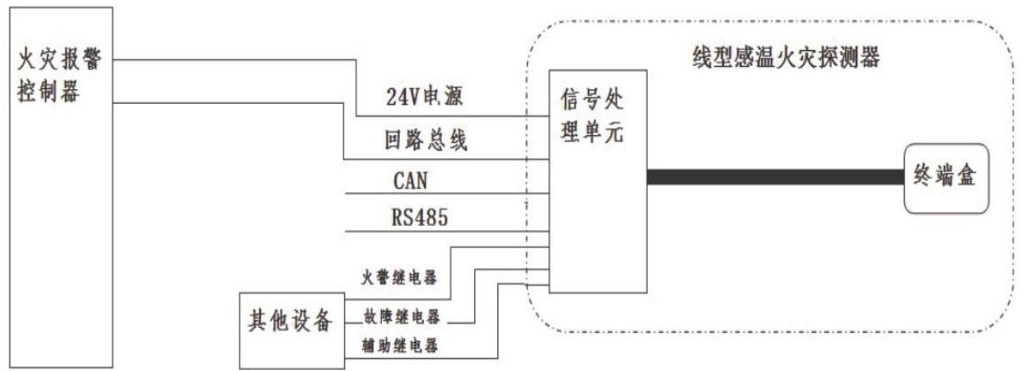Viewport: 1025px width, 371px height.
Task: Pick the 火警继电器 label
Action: [399, 276]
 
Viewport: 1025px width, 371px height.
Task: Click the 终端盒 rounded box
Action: [945, 177]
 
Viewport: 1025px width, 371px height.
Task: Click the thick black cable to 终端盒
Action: [774, 176]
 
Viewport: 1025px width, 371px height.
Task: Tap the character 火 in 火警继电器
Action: [367, 276]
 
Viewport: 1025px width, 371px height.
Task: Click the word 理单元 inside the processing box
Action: [594, 134]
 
